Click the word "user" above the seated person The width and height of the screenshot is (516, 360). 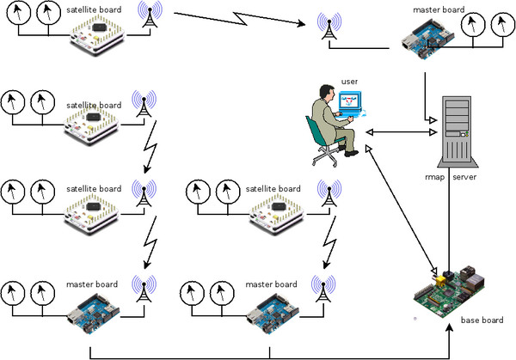point(349,81)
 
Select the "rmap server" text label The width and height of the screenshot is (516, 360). point(450,176)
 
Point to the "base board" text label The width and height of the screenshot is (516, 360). point(482,320)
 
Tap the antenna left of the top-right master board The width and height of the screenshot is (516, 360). point(327,28)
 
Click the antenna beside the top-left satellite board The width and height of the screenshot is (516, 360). point(151,17)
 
